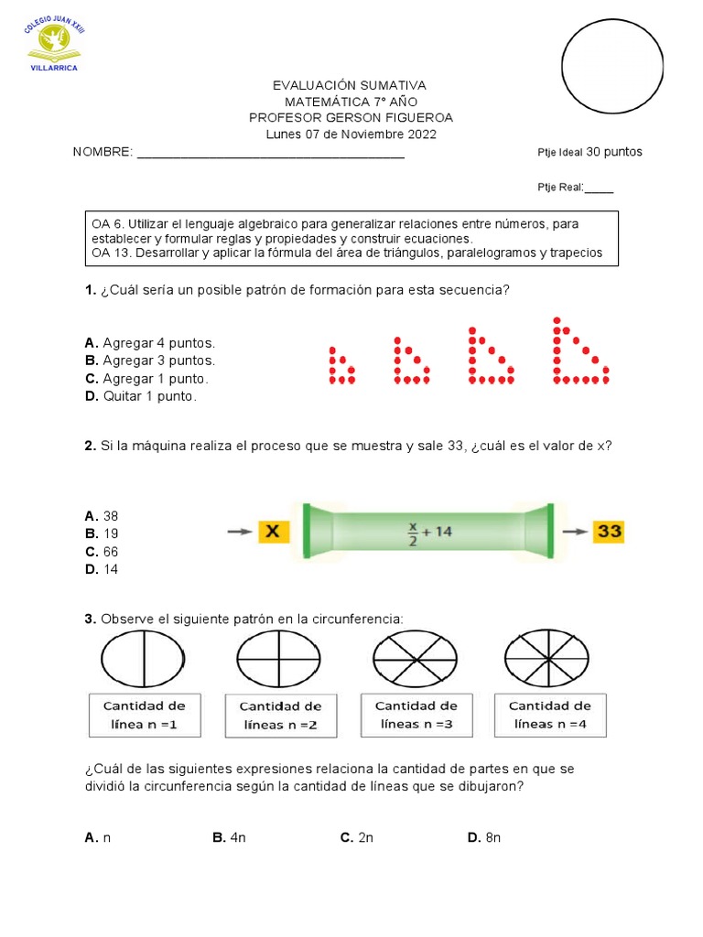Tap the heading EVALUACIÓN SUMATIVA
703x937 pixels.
point(350,85)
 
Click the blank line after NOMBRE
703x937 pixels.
point(271,152)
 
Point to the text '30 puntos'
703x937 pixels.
point(614,152)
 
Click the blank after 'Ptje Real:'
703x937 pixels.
point(599,188)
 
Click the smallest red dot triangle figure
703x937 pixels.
point(341,364)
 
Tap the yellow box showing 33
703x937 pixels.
point(608,532)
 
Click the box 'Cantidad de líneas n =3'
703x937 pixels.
point(416,715)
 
